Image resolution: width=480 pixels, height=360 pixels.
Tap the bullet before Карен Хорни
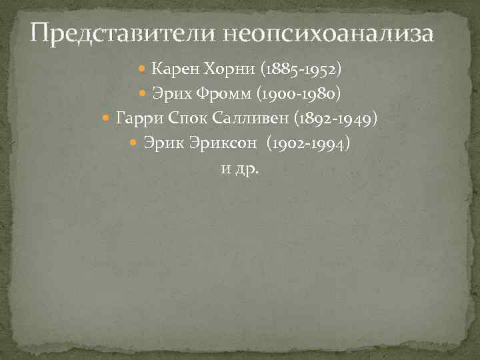pos(145,69)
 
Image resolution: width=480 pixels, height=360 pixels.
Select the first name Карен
pos(172,69)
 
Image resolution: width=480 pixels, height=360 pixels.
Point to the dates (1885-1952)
pos(301,69)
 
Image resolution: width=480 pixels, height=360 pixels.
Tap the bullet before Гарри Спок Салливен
pos(109,119)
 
